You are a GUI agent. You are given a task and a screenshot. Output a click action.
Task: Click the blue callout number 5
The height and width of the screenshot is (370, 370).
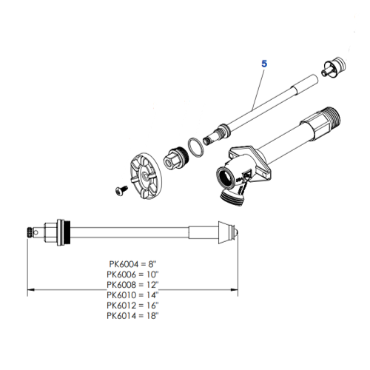click(x=263, y=64)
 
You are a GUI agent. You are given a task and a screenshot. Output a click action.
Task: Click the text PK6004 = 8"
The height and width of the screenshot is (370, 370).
click(x=132, y=263)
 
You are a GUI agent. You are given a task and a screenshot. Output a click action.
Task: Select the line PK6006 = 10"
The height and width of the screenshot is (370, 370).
click(x=132, y=274)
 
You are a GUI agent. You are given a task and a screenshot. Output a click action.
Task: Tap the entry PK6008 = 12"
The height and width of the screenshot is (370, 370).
click(x=132, y=284)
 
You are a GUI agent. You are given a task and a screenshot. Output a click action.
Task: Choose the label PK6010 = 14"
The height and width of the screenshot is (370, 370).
click(x=132, y=295)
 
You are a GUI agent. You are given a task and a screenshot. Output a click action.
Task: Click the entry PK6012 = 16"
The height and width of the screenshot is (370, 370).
click(x=132, y=305)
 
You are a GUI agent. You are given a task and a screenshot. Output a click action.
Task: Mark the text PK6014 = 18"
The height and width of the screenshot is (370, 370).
click(x=132, y=315)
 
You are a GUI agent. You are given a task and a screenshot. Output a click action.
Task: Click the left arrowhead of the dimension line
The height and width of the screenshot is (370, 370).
click(x=32, y=289)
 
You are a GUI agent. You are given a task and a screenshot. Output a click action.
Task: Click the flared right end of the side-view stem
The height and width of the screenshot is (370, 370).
click(x=226, y=231)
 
